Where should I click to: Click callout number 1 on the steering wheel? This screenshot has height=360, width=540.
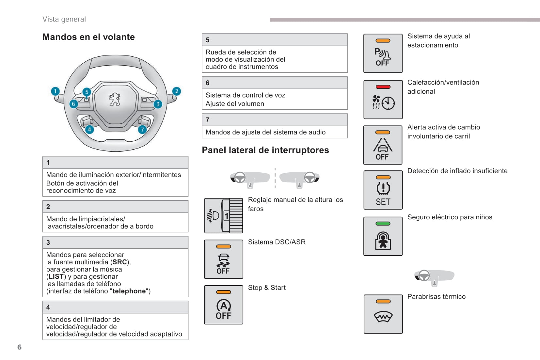[x=56, y=91]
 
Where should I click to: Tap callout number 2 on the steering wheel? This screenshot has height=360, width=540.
[x=176, y=91]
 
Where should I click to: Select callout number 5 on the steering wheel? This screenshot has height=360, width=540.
[x=87, y=92]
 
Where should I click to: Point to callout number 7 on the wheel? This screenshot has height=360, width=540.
[x=142, y=130]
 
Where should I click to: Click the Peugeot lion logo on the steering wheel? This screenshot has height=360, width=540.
[x=115, y=99]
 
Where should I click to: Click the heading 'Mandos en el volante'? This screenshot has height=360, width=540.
[x=88, y=37]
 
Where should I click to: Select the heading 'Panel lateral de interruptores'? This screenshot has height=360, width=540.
[x=265, y=150]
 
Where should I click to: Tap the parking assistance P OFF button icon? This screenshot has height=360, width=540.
[x=383, y=53]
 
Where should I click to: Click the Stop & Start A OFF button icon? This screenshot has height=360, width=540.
[x=223, y=305]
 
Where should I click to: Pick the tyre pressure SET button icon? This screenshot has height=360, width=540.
[x=383, y=190]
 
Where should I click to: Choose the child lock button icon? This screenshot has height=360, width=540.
[x=383, y=236]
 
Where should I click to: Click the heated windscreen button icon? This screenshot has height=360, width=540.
[x=383, y=314]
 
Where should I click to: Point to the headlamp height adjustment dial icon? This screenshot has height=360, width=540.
[x=223, y=215]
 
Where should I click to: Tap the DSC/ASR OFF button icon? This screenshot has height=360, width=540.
[x=223, y=259]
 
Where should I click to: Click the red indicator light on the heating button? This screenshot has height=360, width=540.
[x=383, y=87]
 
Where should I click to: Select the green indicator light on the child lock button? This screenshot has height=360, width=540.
[x=383, y=224]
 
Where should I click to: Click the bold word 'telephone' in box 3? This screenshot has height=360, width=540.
[x=129, y=291]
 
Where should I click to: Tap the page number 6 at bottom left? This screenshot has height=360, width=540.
[x=19, y=347]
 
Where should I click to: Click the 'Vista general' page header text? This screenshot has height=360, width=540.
[x=64, y=19]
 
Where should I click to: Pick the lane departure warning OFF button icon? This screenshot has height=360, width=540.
[x=383, y=145]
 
